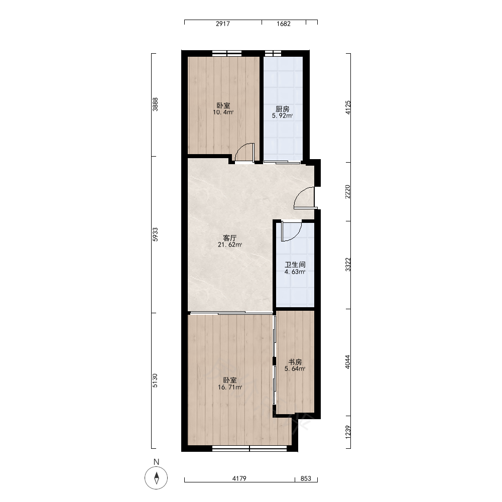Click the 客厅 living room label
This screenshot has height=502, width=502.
[229, 238]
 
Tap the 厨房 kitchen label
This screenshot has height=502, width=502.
[282, 109]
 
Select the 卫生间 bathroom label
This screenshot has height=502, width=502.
[295, 265]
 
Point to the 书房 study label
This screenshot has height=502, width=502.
[295, 362]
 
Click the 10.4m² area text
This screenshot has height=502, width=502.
[223, 112]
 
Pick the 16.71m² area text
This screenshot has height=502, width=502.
[229, 388]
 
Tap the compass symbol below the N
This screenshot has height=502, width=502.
[156, 478]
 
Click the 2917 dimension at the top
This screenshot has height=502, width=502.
[223, 24]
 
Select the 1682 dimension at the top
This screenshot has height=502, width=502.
[283, 24]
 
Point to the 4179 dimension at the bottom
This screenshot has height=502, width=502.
[239, 478]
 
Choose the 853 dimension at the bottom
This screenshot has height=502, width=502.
[306, 478]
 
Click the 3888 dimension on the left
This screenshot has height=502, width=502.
[155, 104]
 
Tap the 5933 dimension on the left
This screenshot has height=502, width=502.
[155, 234]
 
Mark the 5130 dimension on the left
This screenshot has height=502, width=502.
[155, 381]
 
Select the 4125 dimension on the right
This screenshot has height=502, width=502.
[348, 107]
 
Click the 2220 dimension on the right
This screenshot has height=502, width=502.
[348, 191]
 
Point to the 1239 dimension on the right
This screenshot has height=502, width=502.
[348, 432]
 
